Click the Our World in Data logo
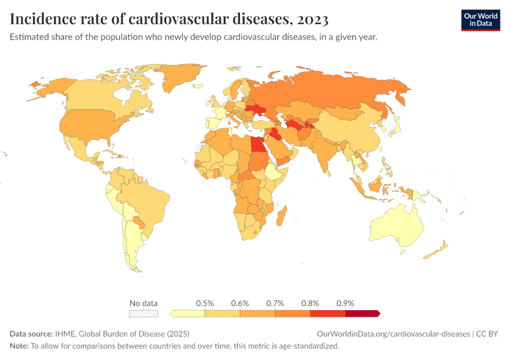(480, 20)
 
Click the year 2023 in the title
(311, 20)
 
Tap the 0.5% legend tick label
(205, 303)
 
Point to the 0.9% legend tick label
(346, 303)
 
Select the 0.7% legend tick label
(275, 303)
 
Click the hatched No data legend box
(143, 313)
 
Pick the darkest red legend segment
(362, 313)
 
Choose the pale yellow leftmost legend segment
(188, 313)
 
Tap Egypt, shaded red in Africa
(257, 145)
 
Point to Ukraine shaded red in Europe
(260, 111)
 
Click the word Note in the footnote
(19, 346)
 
